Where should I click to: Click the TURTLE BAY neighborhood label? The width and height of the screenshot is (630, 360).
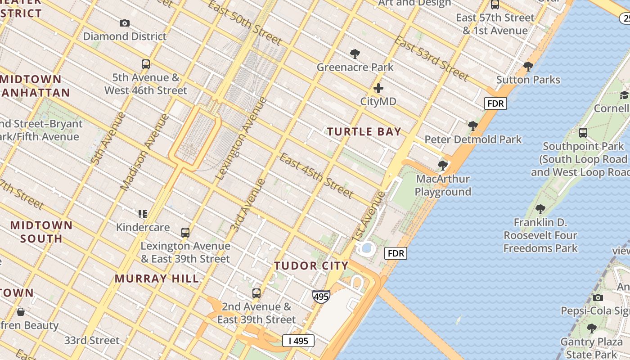(364, 132)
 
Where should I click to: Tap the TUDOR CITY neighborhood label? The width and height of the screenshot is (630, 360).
(311, 266)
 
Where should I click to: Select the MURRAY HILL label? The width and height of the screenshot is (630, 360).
(157, 279)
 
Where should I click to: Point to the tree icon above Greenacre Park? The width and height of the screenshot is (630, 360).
(355, 54)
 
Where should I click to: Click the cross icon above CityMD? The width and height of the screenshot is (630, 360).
(378, 88)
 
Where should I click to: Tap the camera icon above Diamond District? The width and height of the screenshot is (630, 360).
(125, 23)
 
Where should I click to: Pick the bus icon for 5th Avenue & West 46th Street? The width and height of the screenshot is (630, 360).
(145, 64)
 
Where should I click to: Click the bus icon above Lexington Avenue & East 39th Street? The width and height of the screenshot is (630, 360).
(185, 233)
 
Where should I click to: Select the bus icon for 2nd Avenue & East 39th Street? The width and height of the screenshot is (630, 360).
(256, 293)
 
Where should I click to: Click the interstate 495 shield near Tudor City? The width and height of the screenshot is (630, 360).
(321, 297)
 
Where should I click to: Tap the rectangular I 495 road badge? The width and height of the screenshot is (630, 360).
(298, 341)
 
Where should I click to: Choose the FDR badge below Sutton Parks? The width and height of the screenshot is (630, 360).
(495, 103)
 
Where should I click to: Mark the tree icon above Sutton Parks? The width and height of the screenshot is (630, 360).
(528, 67)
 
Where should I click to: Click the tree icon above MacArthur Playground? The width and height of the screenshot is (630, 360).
(443, 166)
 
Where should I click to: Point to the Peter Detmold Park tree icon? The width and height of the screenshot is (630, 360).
(472, 126)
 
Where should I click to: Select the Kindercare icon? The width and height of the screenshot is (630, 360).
(143, 214)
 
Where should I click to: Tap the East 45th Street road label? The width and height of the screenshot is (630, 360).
(316, 176)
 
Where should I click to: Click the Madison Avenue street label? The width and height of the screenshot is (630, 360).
(145, 152)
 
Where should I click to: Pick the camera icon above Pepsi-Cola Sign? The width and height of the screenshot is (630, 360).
(598, 297)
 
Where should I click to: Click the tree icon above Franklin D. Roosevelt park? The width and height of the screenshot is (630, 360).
(540, 209)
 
